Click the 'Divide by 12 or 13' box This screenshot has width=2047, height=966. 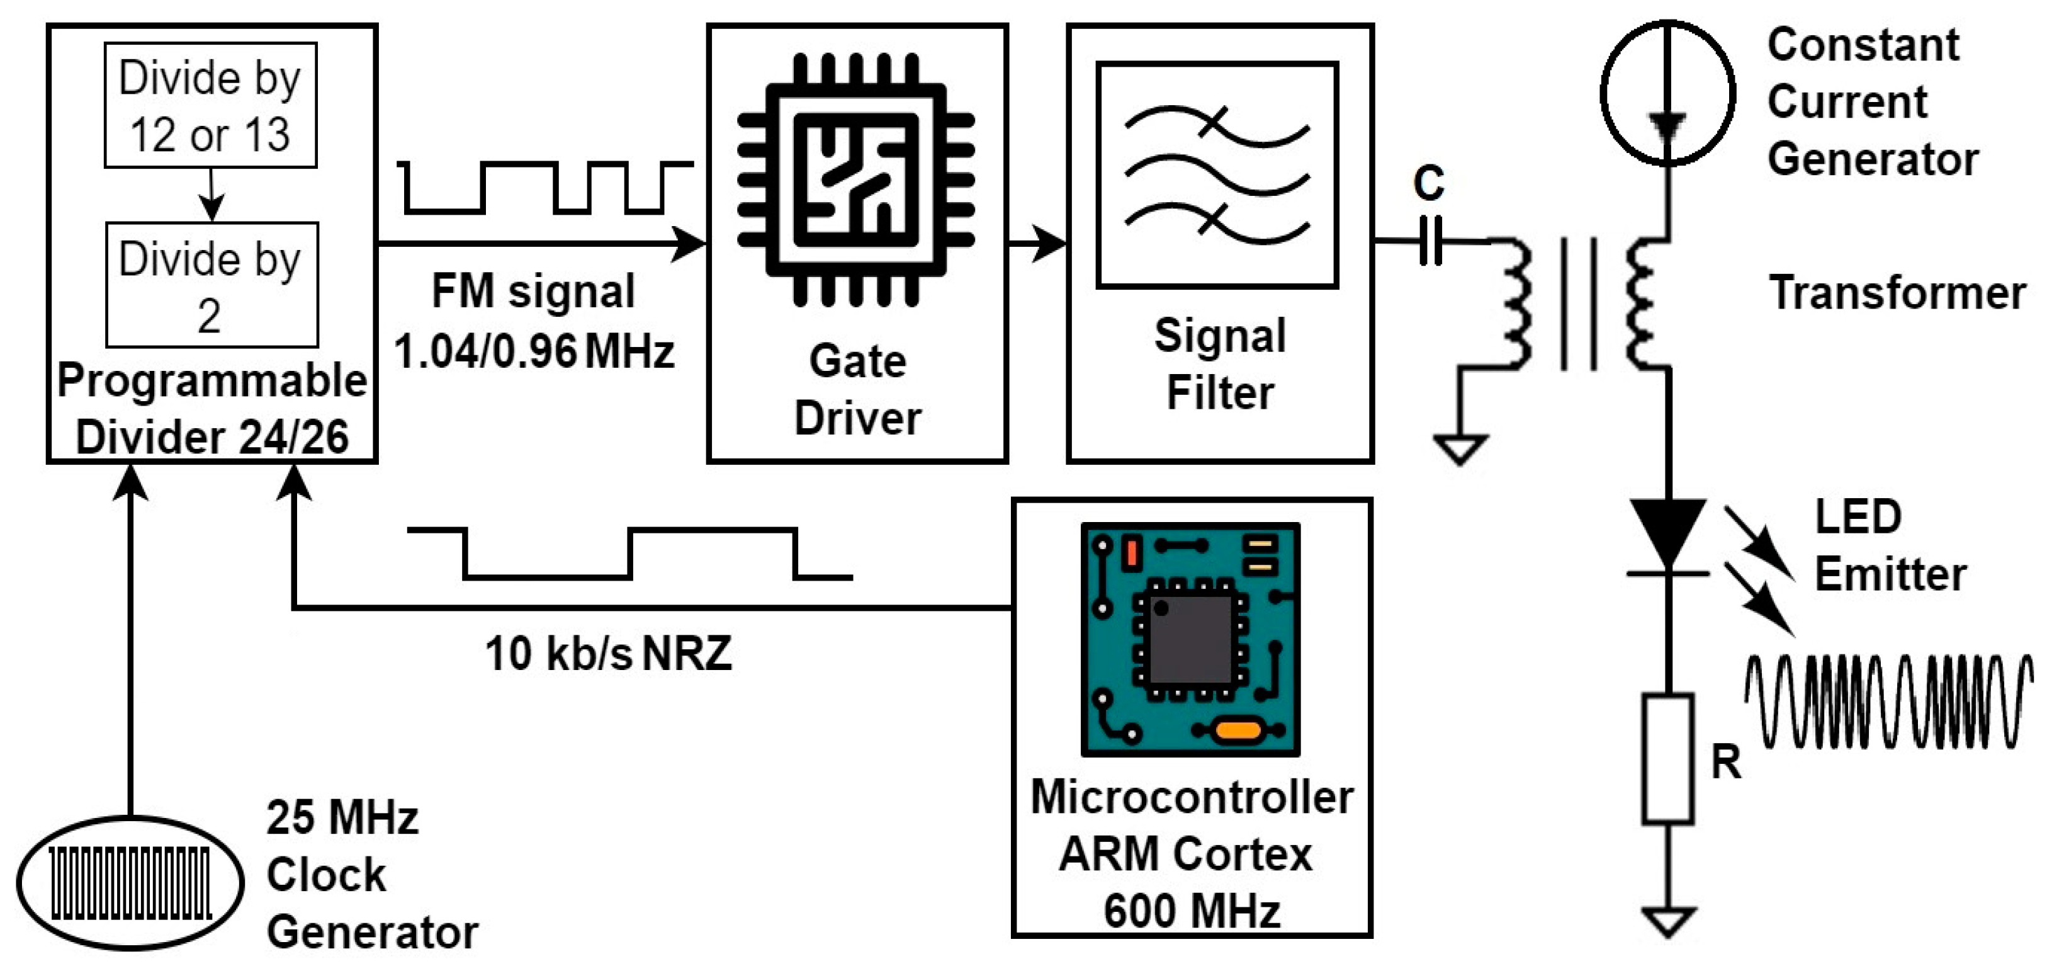pyautogui.click(x=211, y=105)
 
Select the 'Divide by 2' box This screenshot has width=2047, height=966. pyautogui.click(x=211, y=285)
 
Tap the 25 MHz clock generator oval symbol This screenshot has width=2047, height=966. pyautogui.click(x=130, y=882)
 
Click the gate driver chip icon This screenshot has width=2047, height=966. pyautogui.click(x=856, y=179)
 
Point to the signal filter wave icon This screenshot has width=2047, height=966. pyautogui.click(x=1217, y=175)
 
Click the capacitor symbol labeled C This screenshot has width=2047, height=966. pyautogui.click(x=1430, y=240)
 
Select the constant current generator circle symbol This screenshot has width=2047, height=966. pyautogui.click(x=1666, y=93)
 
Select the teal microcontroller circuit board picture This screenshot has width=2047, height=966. pyautogui.click(x=1190, y=639)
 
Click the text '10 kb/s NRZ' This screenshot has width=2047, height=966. pyautogui.click(x=608, y=654)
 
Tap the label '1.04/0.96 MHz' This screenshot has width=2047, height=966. pyautogui.click(x=534, y=351)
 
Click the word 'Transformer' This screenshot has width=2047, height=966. pyautogui.click(x=1897, y=293)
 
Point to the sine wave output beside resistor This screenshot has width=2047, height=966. pyautogui.click(x=1886, y=702)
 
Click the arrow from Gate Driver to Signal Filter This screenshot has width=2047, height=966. pyautogui.click(x=1037, y=242)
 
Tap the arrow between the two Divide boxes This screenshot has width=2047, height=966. pyautogui.click(x=211, y=195)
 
